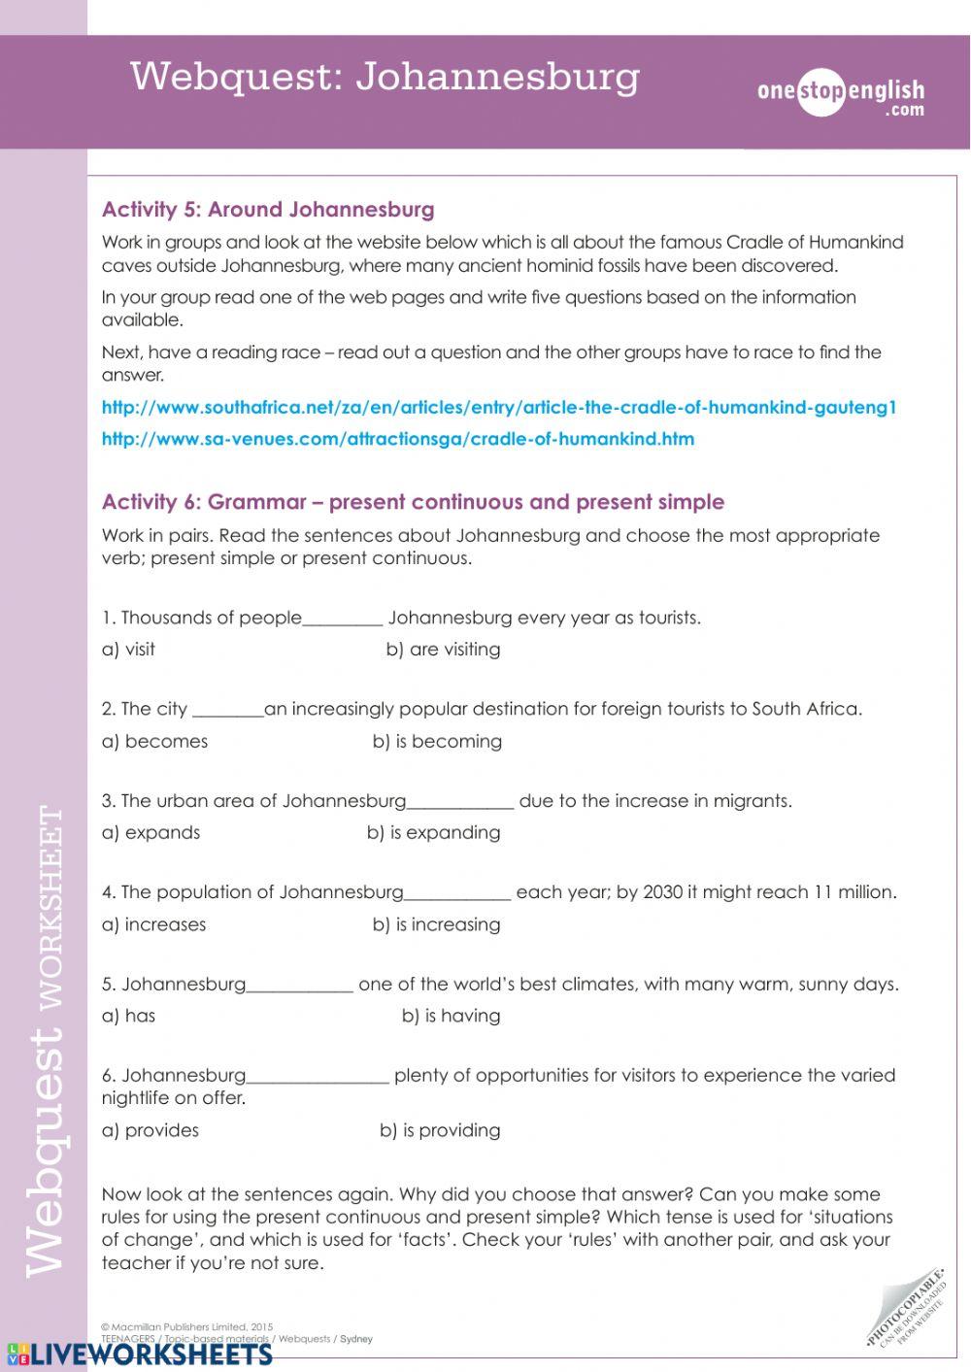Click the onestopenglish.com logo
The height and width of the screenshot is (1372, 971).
(840, 96)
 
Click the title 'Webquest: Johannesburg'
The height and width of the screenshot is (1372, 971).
(385, 77)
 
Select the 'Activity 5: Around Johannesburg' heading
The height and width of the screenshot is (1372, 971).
(268, 210)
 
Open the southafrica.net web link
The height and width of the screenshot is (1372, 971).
(499, 408)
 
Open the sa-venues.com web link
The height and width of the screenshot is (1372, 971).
(398, 439)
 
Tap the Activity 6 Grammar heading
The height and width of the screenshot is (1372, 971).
(413, 502)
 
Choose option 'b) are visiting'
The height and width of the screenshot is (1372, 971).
(443, 650)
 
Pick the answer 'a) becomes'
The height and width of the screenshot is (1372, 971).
(154, 742)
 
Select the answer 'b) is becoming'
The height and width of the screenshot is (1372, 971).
(437, 742)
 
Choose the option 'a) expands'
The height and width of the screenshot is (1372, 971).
(151, 833)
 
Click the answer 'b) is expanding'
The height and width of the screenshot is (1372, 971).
(433, 833)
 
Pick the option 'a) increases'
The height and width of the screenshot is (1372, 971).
(153, 925)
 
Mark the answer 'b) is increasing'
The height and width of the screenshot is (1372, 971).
(436, 925)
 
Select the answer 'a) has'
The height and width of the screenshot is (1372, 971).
(128, 1017)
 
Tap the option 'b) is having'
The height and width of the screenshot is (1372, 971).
(451, 1017)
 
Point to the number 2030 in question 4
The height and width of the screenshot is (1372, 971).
(663, 892)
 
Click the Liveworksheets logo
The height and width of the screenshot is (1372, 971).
(140, 1355)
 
